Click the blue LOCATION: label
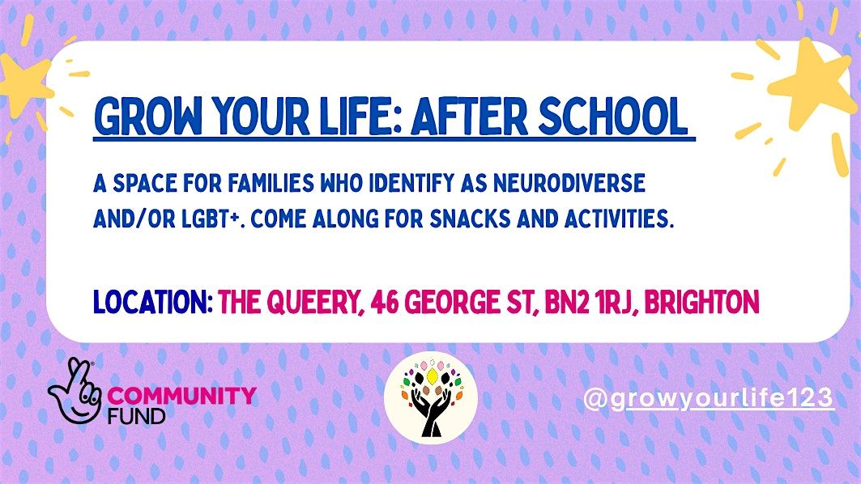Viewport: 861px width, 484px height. click(x=153, y=303)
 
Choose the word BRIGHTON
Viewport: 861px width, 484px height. click(x=704, y=303)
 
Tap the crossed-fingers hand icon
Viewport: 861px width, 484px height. click(x=75, y=391)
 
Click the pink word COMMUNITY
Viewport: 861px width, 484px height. click(x=181, y=396)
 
